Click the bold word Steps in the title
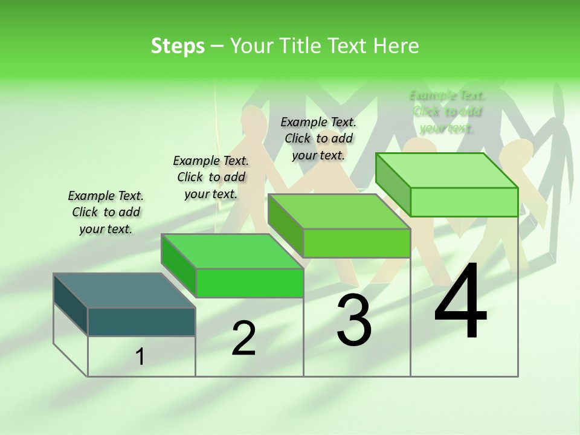(178, 46)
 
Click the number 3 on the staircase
(354, 320)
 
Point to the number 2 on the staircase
(243, 338)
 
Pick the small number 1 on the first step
(140, 357)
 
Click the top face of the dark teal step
(124, 291)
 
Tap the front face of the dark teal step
(141, 321)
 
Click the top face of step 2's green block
(233, 251)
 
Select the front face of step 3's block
(356, 243)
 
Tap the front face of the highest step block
(464, 202)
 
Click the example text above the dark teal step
(106, 212)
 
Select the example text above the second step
(211, 177)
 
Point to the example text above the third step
(318, 138)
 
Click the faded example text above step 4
(447, 112)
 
